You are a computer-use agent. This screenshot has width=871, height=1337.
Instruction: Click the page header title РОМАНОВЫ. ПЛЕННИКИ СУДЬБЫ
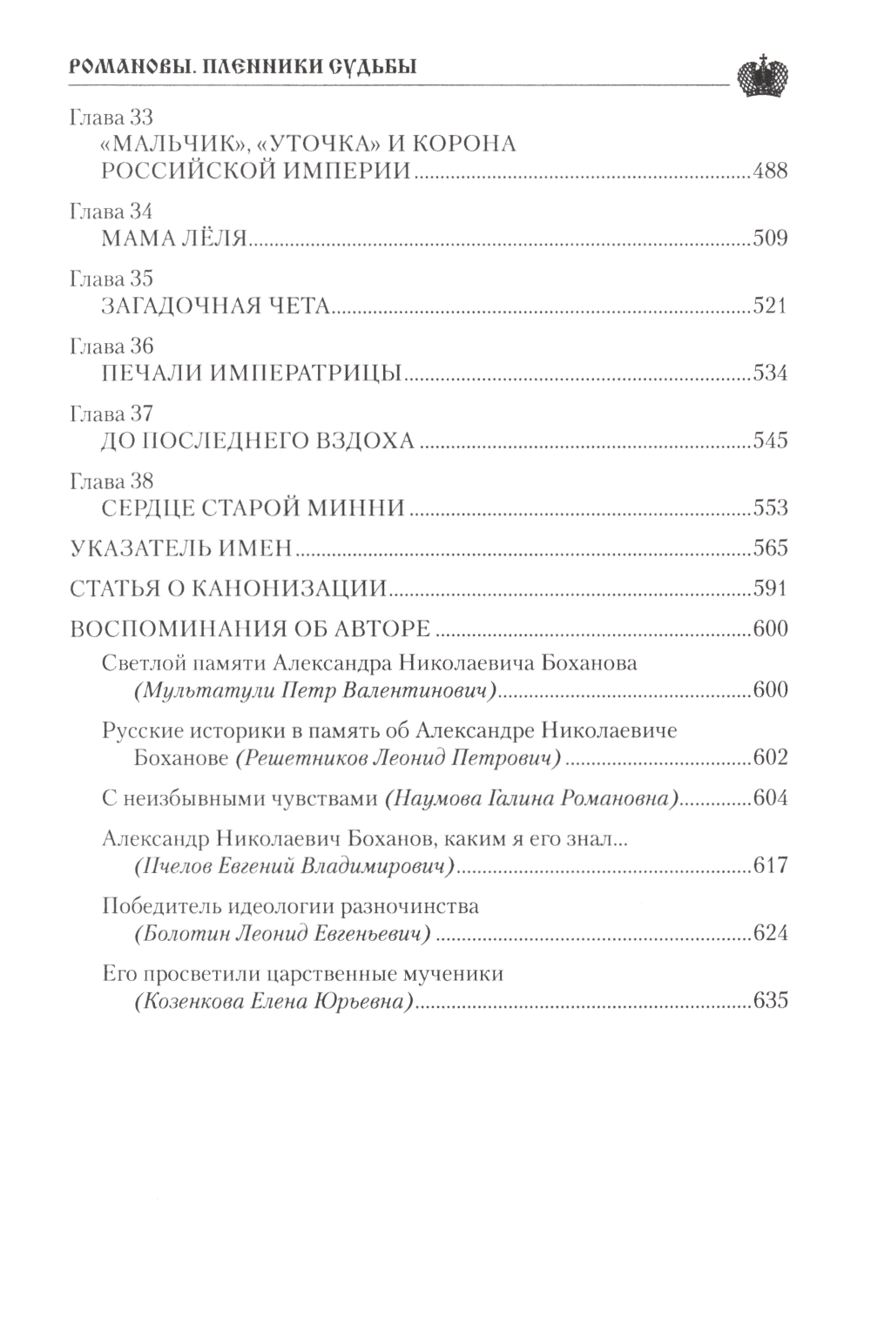[242, 68]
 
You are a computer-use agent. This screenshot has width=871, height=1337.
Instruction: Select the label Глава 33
[110, 118]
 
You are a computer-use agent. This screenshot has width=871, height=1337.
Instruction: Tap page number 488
[770, 171]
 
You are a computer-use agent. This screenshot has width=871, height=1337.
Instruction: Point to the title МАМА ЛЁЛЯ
[176, 238]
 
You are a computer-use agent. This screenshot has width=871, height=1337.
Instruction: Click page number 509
[770, 238]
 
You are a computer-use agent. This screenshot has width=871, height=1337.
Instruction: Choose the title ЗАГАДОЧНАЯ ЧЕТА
[214, 306]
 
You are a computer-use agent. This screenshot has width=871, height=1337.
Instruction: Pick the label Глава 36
[110, 346]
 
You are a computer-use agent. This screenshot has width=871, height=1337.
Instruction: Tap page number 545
[770, 440]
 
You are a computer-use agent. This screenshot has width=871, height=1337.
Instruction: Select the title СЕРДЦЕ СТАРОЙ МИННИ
[253, 507]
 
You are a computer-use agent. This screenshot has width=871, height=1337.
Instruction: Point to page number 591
[770, 589]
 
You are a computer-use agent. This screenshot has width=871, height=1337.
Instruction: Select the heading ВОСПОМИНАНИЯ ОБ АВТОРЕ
[249, 629]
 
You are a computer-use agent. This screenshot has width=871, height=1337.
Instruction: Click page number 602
[770, 757]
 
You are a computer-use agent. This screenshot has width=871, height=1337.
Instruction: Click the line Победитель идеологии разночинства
[290, 906]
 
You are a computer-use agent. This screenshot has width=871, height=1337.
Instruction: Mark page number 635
[770, 1001]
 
